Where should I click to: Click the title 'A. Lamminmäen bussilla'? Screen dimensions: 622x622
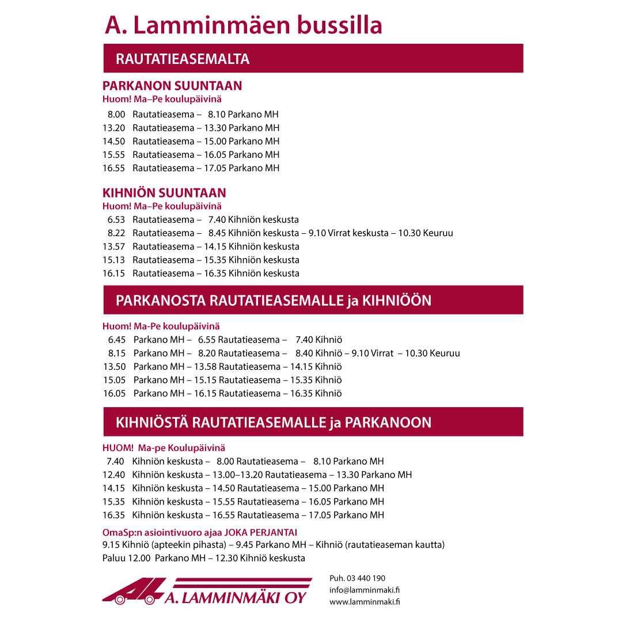[243, 25]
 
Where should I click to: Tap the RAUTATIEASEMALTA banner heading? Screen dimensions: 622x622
[183, 59]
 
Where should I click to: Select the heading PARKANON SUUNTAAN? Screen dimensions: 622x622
[172, 86]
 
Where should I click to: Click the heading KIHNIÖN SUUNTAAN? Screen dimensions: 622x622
[164, 193]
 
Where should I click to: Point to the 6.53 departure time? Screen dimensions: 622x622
[116, 219]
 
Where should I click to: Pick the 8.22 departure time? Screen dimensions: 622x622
[116, 233]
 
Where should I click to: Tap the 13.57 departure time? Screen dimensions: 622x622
[114, 246]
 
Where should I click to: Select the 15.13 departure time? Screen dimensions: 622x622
[114, 260]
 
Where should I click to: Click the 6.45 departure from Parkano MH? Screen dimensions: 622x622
[117, 340]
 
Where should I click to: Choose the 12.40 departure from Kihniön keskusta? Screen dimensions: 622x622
[114, 475]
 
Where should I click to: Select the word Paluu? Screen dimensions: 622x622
[113, 558]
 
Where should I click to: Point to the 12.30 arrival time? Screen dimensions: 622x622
[227, 558]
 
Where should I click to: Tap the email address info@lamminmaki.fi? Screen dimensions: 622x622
[365, 590]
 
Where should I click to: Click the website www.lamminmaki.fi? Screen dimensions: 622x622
[365, 602]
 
